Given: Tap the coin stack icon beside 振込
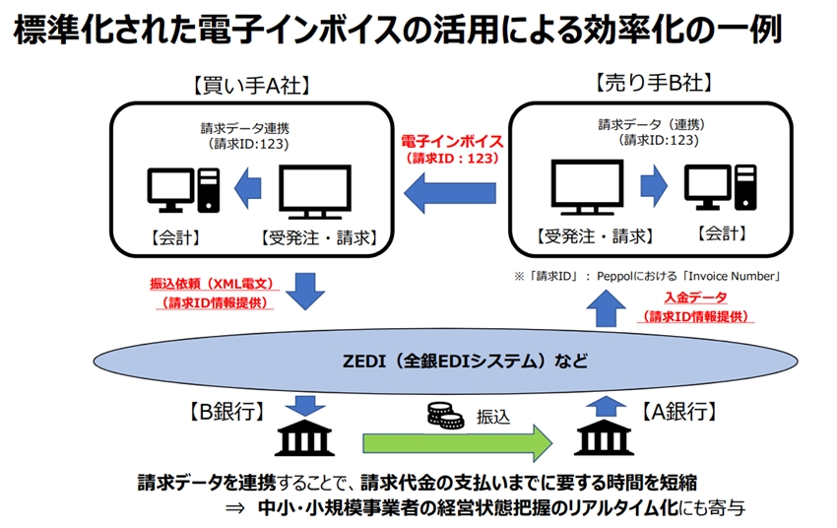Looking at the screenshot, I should click(445, 415).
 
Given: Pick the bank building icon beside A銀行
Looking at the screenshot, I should click(603, 437).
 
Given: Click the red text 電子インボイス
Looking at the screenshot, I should click(453, 141).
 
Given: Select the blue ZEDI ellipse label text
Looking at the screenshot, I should click(456, 362).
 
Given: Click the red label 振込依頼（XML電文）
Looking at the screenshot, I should click(208, 284).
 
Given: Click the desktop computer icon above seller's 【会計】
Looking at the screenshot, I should click(720, 188).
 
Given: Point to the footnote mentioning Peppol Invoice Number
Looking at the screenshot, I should click(649, 277).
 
